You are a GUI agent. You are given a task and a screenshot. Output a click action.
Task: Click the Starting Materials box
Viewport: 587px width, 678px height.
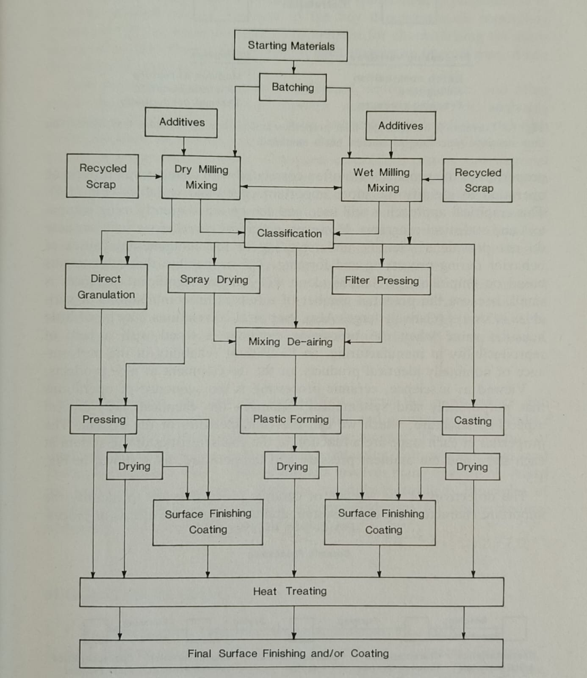click(291, 46)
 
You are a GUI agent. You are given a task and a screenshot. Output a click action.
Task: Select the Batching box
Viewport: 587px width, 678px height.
click(293, 87)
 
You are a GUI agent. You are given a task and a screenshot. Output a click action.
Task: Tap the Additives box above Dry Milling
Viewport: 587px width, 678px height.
click(181, 122)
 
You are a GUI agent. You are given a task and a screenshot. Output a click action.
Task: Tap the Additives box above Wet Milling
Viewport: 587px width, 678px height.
click(401, 126)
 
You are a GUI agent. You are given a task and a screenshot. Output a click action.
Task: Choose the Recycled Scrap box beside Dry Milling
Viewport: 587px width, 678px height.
click(102, 176)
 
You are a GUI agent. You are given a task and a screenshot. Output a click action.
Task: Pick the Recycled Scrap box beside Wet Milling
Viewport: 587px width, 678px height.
click(478, 180)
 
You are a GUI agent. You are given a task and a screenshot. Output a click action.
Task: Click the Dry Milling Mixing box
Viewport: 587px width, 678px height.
click(201, 177)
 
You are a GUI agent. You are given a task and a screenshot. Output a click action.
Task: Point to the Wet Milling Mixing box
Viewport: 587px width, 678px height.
click(382, 180)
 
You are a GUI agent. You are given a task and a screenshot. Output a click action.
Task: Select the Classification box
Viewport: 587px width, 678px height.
click(289, 233)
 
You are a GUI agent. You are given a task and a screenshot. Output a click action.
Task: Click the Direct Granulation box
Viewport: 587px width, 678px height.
click(106, 286)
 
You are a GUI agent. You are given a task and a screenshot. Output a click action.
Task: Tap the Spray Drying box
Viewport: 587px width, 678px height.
click(214, 279)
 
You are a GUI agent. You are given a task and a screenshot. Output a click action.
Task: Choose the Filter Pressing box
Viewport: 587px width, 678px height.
click(381, 281)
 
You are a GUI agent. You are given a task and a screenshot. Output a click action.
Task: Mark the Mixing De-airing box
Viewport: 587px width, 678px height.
click(290, 342)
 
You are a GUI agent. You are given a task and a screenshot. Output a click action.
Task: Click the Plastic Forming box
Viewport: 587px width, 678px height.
click(291, 419)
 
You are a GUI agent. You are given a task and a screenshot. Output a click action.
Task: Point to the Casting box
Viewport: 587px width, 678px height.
click(473, 421)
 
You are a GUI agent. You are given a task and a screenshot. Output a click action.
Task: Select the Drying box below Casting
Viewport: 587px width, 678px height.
click(472, 467)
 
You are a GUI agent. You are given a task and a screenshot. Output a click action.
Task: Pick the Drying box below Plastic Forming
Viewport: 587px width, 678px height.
click(292, 467)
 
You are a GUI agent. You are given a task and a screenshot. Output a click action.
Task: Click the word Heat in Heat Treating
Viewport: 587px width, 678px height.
click(265, 591)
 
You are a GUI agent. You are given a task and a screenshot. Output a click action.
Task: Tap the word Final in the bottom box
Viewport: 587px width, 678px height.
click(199, 653)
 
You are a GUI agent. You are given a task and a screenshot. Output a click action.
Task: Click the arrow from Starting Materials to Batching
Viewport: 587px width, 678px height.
click(293, 67)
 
